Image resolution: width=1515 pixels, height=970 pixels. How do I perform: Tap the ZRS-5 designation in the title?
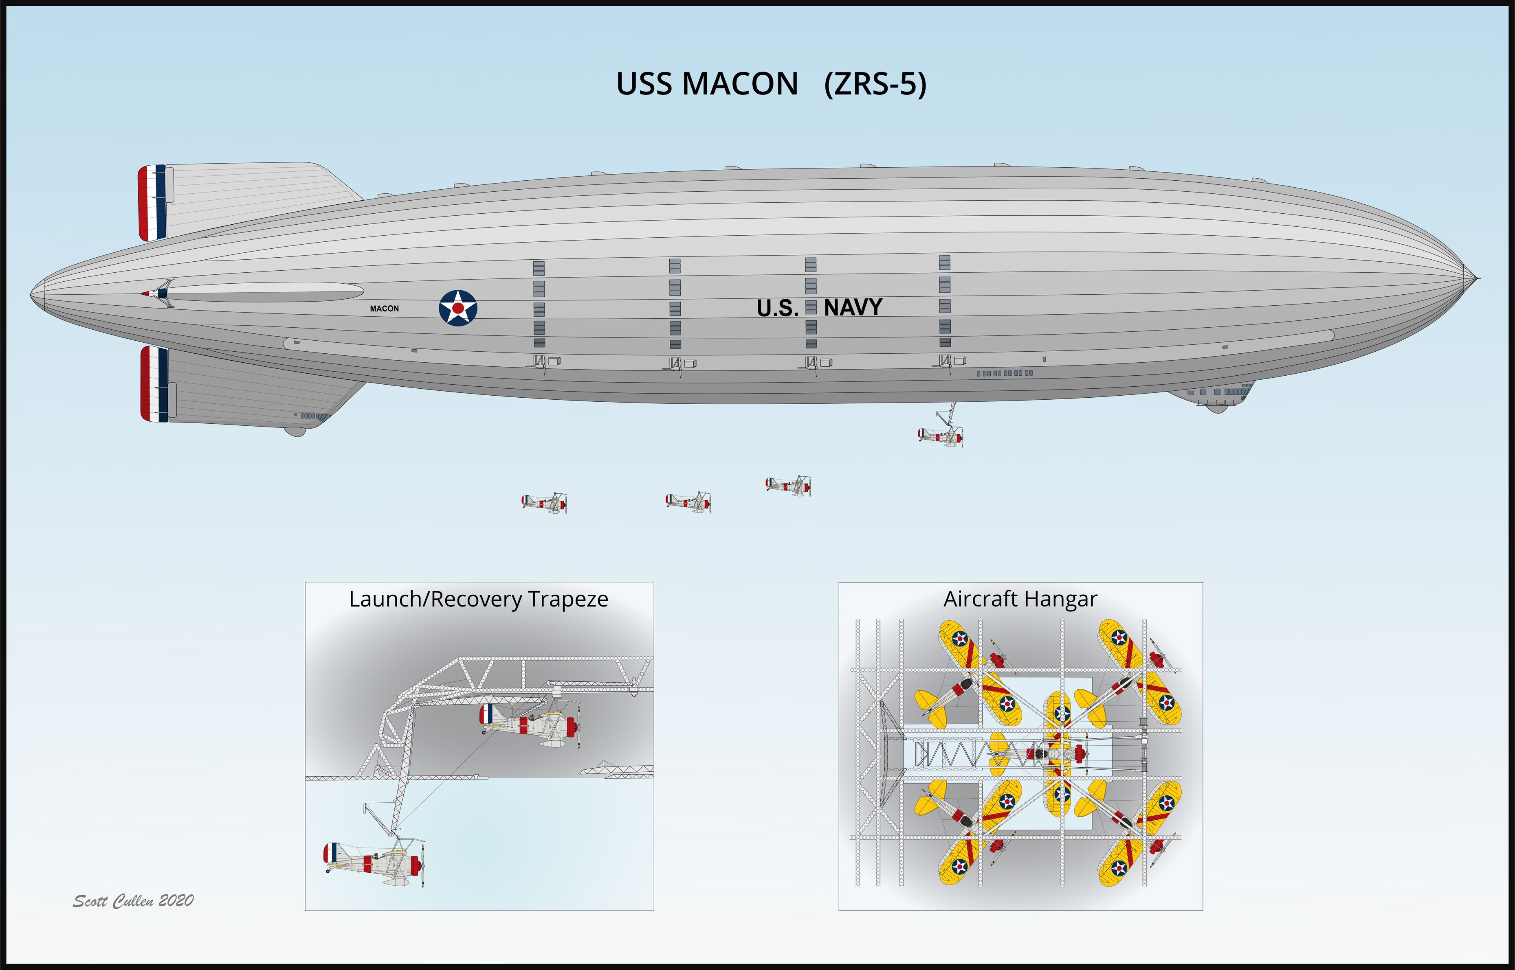[875, 84]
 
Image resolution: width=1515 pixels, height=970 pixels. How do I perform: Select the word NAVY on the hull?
[853, 307]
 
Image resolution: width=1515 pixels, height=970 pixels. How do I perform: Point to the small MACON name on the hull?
[385, 309]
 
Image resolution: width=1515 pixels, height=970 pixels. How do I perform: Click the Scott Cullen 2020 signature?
[133, 901]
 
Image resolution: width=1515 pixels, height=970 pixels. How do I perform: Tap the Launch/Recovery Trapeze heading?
[479, 599]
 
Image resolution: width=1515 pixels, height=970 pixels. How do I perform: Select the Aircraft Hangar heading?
[1020, 599]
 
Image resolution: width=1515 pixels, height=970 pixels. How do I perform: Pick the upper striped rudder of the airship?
[152, 203]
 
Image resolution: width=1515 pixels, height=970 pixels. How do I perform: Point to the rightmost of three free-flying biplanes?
[788, 485]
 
